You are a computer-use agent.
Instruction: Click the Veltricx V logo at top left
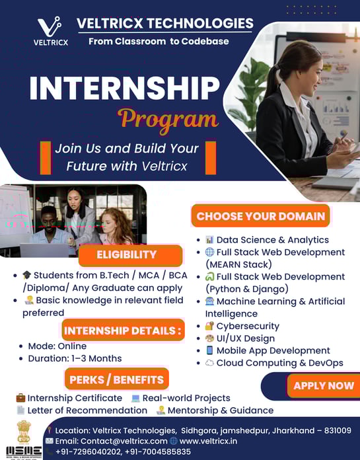click(50, 27)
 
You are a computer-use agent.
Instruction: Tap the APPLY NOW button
click(324, 385)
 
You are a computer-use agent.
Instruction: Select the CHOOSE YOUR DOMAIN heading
click(261, 216)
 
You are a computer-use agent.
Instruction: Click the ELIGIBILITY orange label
click(130, 254)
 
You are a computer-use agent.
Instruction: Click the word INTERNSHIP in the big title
click(125, 88)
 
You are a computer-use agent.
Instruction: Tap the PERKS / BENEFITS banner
click(117, 379)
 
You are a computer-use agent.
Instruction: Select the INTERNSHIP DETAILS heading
click(123, 330)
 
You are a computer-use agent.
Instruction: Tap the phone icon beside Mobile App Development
click(209, 350)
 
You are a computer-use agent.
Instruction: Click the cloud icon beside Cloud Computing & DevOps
click(209, 363)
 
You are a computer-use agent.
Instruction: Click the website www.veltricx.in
click(208, 441)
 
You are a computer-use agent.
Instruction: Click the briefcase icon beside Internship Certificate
click(20, 398)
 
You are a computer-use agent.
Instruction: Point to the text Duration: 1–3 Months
click(75, 358)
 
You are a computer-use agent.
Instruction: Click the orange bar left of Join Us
click(46, 158)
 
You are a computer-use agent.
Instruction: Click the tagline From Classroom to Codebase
click(159, 42)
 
